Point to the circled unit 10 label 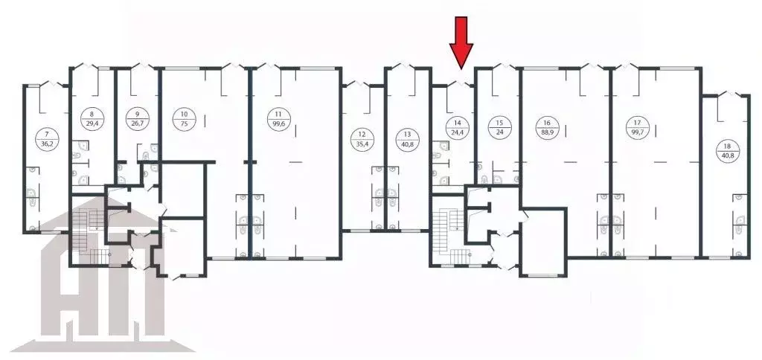click(x=182, y=119)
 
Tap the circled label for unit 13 click(x=406, y=139)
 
